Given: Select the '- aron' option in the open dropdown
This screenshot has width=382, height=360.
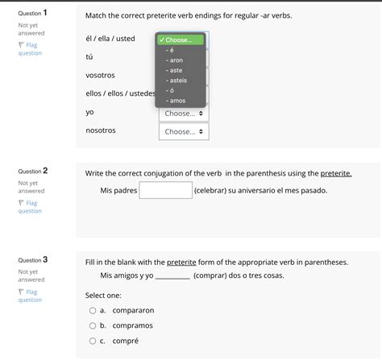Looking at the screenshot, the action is pyautogui.click(x=176, y=60).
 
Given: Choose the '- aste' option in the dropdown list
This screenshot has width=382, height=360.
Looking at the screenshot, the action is pyautogui.click(x=175, y=70).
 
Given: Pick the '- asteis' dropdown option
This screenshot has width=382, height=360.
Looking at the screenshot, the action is pyautogui.click(x=176, y=80).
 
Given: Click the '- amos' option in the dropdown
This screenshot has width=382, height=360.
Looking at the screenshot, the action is pyautogui.click(x=176, y=100).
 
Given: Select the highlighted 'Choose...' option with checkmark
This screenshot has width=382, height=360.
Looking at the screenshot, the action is pyautogui.click(x=181, y=39).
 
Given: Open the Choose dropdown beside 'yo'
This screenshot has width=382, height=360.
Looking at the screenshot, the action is pyautogui.click(x=186, y=113).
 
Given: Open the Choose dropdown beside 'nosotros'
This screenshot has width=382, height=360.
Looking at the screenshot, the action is pyautogui.click(x=186, y=131).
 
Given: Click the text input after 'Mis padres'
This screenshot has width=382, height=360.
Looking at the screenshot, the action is pyautogui.click(x=165, y=191).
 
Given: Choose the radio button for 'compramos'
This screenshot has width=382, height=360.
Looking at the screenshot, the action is pyautogui.click(x=92, y=325).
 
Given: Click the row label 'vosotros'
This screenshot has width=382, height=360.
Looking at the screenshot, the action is pyautogui.click(x=100, y=75).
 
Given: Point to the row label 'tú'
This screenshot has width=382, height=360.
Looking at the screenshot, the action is pyautogui.click(x=89, y=56).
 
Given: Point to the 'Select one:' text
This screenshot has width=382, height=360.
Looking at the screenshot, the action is pyautogui.click(x=107, y=295).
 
